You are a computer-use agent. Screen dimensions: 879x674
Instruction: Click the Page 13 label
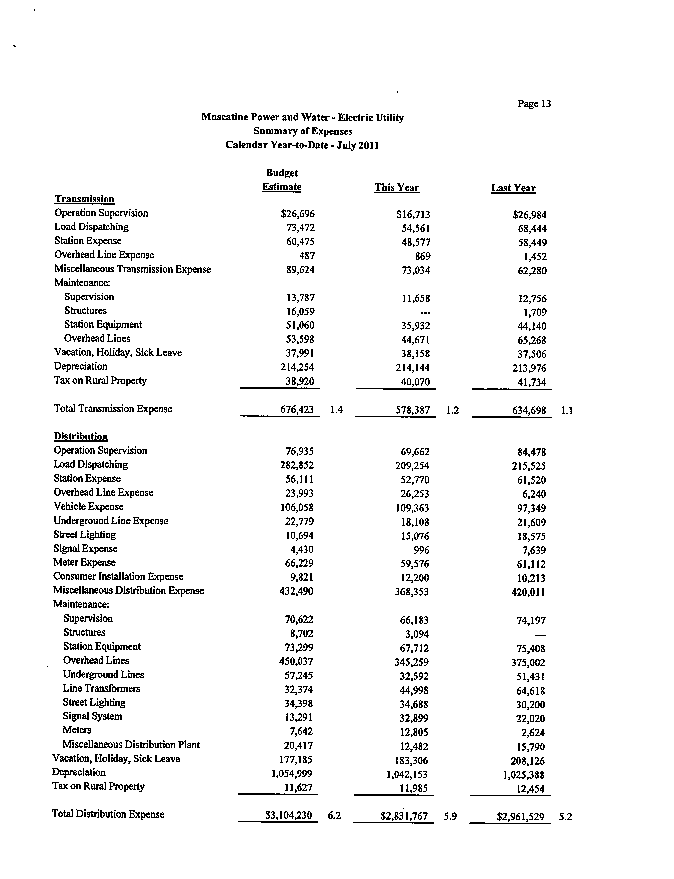(x=534, y=104)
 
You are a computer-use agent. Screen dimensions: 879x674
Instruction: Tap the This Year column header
(x=397, y=188)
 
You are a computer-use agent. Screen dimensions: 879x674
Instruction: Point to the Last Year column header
(x=513, y=188)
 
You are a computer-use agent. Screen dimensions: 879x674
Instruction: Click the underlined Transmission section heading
(x=85, y=199)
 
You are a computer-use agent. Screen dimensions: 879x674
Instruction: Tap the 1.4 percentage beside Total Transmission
(x=336, y=410)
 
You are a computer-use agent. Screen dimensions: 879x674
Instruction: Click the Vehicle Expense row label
(x=88, y=507)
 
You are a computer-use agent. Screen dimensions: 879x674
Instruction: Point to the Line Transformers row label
(x=102, y=688)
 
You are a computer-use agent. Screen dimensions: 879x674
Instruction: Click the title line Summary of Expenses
(x=302, y=131)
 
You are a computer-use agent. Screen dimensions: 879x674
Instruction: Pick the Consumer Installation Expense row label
(x=118, y=577)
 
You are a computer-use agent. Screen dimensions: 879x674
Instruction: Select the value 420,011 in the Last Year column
(x=528, y=592)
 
